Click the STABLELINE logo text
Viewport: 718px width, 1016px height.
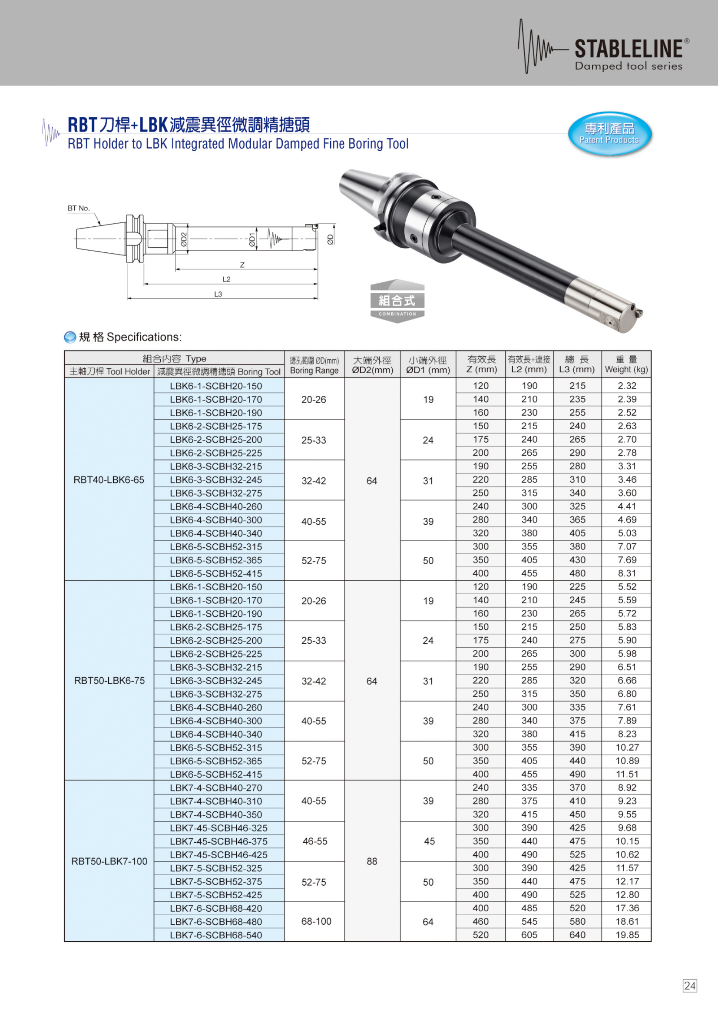point(628,49)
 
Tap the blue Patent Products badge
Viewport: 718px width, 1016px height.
point(609,134)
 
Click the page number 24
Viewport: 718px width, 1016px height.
point(689,986)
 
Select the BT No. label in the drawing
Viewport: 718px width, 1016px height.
point(79,208)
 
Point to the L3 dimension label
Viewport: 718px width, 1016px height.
point(218,294)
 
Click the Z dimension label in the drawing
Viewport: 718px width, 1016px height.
point(242,265)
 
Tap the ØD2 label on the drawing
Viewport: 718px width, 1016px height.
point(184,239)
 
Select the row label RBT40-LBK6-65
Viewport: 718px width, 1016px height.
point(109,480)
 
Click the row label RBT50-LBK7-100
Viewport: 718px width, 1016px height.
point(109,861)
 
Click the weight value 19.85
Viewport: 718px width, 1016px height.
point(627,935)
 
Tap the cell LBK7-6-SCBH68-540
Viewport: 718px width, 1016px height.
point(216,936)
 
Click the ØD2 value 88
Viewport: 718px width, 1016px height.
point(372,861)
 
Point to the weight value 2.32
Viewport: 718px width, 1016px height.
point(627,386)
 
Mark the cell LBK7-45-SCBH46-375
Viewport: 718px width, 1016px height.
point(218,841)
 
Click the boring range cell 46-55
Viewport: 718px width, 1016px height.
point(315,841)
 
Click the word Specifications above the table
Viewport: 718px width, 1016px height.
point(144,337)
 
